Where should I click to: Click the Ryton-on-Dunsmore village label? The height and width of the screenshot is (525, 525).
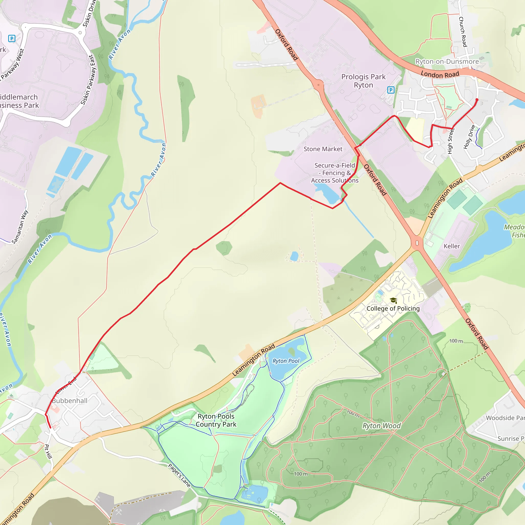[x=447, y=62]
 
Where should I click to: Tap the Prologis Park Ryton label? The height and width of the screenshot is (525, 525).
[x=363, y=81]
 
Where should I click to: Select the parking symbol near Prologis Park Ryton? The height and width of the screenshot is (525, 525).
[x=391, y=90]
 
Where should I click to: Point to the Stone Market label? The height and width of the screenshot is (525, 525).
[x=323, y=149]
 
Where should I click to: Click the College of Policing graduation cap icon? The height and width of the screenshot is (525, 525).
[x=393, y=300]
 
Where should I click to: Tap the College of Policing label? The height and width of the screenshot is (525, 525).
[x=393, y=308]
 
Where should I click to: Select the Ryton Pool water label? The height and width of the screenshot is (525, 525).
[x=286, y=361]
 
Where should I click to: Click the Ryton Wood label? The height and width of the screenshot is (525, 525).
[x=381, y=426]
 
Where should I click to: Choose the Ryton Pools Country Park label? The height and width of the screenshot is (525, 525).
[x=216, y=420]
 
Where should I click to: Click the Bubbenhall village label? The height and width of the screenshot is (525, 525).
[x=69, y=401]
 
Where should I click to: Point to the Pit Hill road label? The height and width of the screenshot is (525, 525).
[x=48, y=451]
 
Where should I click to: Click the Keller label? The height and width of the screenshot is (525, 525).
[x=452, y=246]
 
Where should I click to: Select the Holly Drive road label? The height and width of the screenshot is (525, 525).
[x=469, y=137]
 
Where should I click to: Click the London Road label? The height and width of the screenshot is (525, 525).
[x=440, y=74]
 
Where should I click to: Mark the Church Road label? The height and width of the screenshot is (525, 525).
[x=463, y=32]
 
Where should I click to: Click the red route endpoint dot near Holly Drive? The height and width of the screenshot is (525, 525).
[x=477, y=100]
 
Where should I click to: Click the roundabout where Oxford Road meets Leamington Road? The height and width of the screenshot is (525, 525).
[x=417, y=243]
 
